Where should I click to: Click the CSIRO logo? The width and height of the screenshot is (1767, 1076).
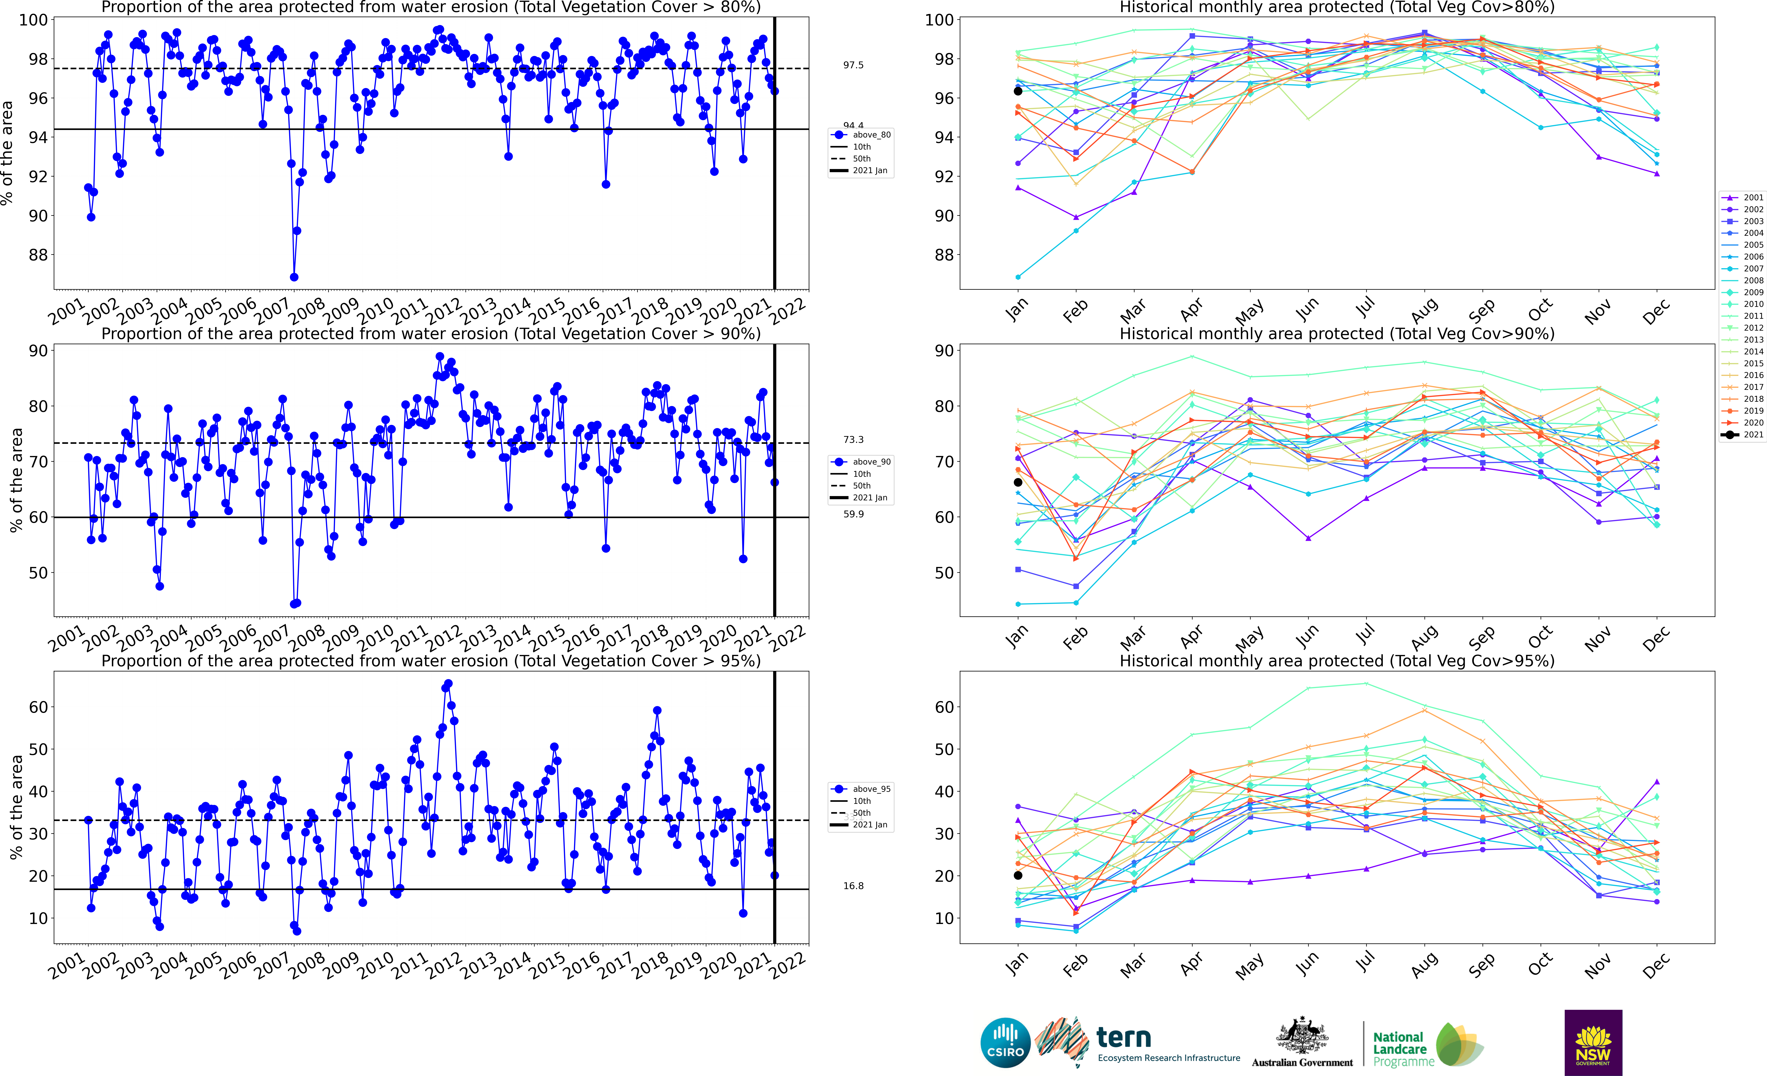[1005, 1042]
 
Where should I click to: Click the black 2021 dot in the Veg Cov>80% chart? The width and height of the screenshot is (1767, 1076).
[1018, 91]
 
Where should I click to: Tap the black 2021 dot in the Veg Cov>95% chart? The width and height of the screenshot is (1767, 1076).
[1018, 875]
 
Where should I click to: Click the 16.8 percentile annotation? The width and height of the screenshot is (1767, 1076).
[853, 886]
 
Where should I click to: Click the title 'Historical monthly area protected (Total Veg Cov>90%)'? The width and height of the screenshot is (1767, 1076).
[1337, 334]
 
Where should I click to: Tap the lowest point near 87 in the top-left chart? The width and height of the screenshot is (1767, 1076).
[294, 277]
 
